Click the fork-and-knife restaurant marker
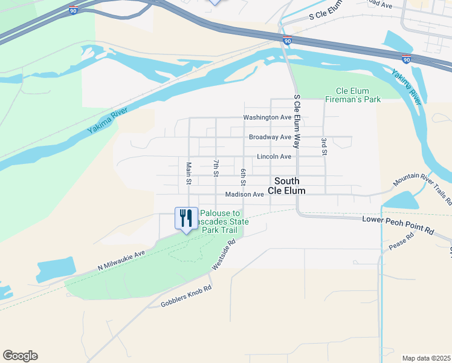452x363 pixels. point(186,218)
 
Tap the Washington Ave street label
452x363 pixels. point(267,117)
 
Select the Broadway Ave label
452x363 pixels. point(270,137)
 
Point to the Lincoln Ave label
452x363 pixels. point(274,157)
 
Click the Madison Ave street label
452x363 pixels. point(244,195)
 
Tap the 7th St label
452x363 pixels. point(216,168)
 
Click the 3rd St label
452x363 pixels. point(324,147)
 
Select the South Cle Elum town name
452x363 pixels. point(290,185)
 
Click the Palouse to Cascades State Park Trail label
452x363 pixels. point(223,221)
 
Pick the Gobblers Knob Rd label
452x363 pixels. point(186,296)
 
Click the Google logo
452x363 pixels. point(20,356)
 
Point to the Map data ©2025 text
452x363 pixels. point(425,358)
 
